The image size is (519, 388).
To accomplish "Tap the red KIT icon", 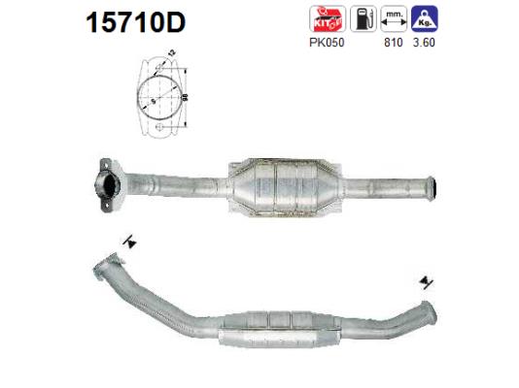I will pyautogui.click(x=323, y=18).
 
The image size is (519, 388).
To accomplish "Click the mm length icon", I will pyautogui.click(x=394, y=18).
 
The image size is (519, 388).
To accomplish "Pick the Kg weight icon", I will pyautogui.click(x=424, y=18).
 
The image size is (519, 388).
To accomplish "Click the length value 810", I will pyautogui.click(x=394, y=43).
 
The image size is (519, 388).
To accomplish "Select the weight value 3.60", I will pyautogui.click(x=425, y=43).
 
